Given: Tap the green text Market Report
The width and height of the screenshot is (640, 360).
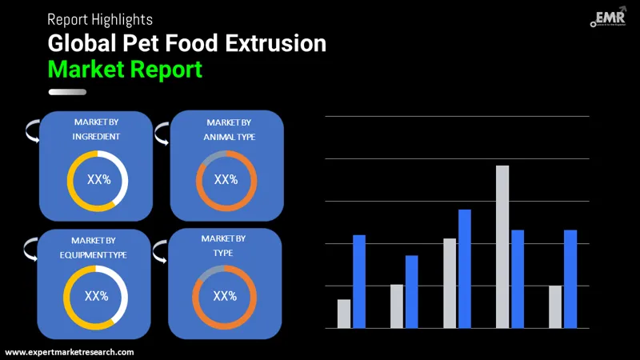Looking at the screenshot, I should [125, 69].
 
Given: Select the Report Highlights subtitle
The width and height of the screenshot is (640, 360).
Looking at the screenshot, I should [100, 18].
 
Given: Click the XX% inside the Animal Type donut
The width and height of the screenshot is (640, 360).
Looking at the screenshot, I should [226, 180].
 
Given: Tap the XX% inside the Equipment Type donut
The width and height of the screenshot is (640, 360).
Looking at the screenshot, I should [96, 296].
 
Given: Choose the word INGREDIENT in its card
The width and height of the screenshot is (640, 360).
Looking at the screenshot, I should [97, 136].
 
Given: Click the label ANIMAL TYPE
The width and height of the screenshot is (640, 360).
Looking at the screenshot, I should [229, 136].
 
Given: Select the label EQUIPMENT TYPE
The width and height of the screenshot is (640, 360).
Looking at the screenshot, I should [94, 254].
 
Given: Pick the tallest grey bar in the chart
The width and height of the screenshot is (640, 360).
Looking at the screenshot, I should [502, 246].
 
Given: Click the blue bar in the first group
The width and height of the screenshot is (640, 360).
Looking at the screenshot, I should [359, 282].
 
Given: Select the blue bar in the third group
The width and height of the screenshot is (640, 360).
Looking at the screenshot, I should [465, 269].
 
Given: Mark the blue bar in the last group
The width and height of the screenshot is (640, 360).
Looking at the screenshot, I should [570, 279].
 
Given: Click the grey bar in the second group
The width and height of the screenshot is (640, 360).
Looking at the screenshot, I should [397, 306].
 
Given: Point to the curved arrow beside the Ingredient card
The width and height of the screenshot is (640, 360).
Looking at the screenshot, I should [32, 130].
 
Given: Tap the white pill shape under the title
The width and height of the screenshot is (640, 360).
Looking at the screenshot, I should [67, 92].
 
